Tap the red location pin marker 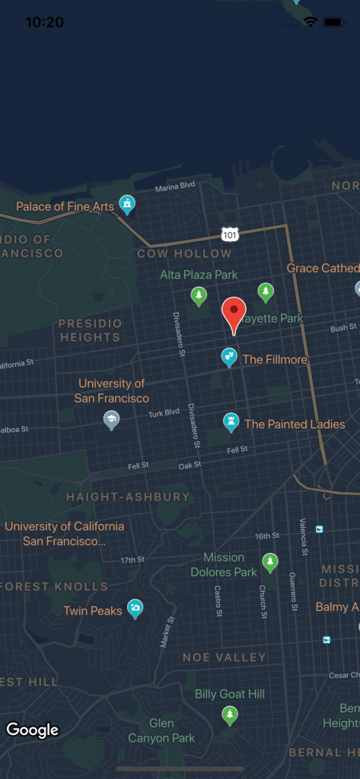coord(234,313)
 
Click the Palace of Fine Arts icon coord(127,204)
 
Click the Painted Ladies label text coord(295,424)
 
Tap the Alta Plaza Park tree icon coord(199,295)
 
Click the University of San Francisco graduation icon coord(111,419)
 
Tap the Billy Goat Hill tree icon coord(229,714)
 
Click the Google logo coord(33,730)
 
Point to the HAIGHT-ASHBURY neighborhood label coord(128,497)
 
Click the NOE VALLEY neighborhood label coord(225,657)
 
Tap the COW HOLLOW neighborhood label coord(184,253)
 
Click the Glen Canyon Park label coord(161,730)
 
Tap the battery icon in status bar coord(333,22)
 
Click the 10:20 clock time coord(45,22)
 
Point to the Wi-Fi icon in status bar coord(310,22)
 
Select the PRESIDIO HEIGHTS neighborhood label coord(90,330)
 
